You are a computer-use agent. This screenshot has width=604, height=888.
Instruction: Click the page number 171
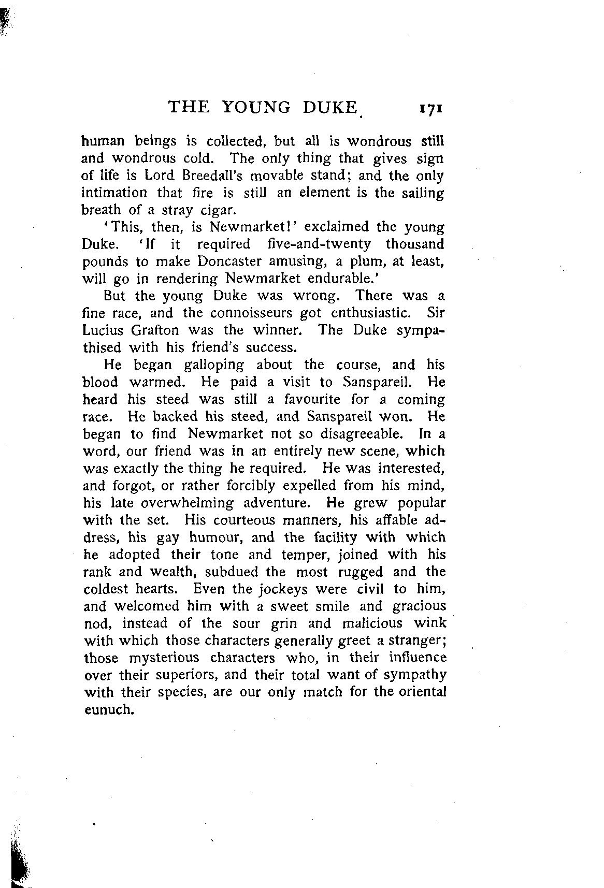click(x=430, y=109)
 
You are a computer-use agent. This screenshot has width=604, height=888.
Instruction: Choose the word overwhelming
click(x=187, y=503)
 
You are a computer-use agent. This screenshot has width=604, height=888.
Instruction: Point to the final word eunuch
click(x=109, y=710)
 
